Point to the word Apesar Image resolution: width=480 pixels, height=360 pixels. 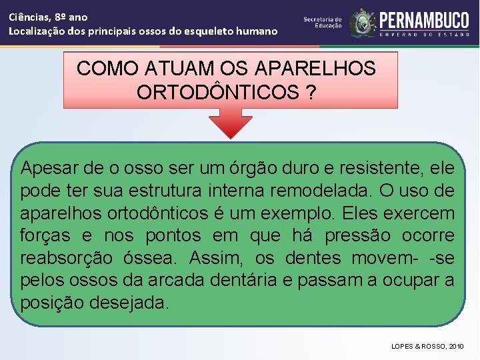click(51, 168)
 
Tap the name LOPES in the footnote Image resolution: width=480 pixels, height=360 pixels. click(404, 347)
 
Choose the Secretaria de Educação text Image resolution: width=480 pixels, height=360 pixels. click(323, 23)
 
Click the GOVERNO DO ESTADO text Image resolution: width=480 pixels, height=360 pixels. click(424, 34)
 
